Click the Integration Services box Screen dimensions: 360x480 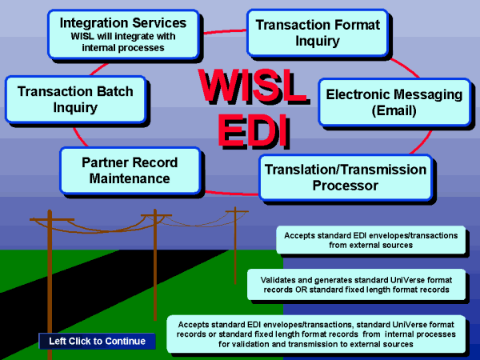pyautogui.click(x=122, y=34)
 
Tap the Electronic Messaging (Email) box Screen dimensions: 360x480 pyautogui.click(x=394, y=102)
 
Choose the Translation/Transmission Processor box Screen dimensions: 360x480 pyautogui.click(x=345, y=178)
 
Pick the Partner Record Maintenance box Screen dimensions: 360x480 pyautogui.click(x=129, y=170)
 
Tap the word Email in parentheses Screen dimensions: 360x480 pyautogui.click(x=394, y=111)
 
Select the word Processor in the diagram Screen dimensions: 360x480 pyautogui.click(x=345, y=186)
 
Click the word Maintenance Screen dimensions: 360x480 pyautogui.click(x=130, y=178)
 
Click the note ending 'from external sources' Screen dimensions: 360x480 pyautogui.click(x=370, y=240)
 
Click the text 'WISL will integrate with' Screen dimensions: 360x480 pyautogui.click(x=122, y=37)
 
